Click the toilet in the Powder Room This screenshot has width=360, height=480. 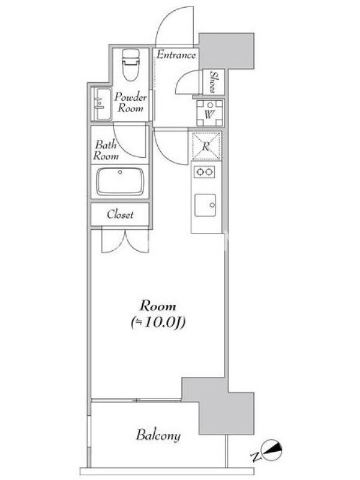click(130, 65)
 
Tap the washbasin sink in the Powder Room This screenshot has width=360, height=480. click(101, 104)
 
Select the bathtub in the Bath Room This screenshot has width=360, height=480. click(120, 181)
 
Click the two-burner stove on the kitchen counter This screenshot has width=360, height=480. click(204, 172)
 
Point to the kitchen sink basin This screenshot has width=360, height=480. click(205, 205)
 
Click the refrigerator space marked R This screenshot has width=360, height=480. click(206, 146)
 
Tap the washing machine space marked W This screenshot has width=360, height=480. click(209, 113)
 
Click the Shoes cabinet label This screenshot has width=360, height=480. click(213, 82)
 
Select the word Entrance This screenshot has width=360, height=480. click(176, 55)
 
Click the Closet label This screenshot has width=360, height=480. click(120, 214)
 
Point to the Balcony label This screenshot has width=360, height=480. click(158, 436)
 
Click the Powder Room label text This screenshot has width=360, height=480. click(130, 103)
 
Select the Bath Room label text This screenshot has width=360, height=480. click(106, 150)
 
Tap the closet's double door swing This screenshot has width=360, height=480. click(125, 242)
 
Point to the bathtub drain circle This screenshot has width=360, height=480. click(120, 172)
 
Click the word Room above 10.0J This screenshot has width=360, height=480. click(158, 306)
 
